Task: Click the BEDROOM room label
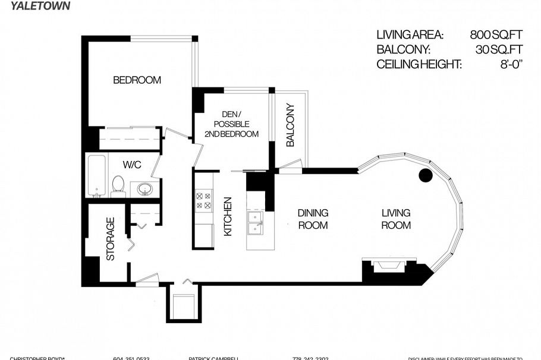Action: (x=137, y=80)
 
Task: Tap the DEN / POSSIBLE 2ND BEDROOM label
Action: (x=231, y=124)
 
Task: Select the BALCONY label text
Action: (x=290, y=125)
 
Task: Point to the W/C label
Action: (x=131, y=164)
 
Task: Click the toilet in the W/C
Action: (x=117, y=187)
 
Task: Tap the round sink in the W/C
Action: (x=143, y=190)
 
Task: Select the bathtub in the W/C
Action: (x=97, y=176)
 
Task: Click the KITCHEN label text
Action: (x=228, y=217)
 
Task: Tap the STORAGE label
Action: (x=110, y=239)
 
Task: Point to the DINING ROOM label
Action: (x=313, y=219)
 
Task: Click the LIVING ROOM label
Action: (x=396, y=219)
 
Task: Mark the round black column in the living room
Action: (x=426, y=175)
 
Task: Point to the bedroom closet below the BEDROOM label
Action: (x=127, y=138)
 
